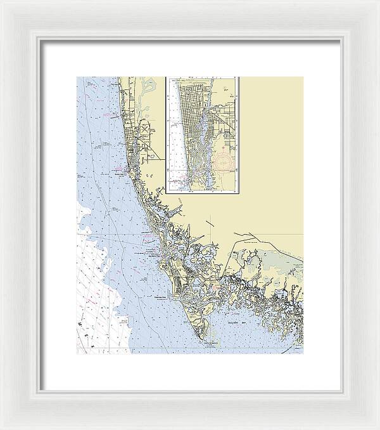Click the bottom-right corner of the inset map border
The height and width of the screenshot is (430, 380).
tap(239, 193)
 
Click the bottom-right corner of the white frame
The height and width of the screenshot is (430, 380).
tap(377, 427)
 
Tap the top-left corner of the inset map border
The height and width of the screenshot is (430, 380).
tap(166, 77)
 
